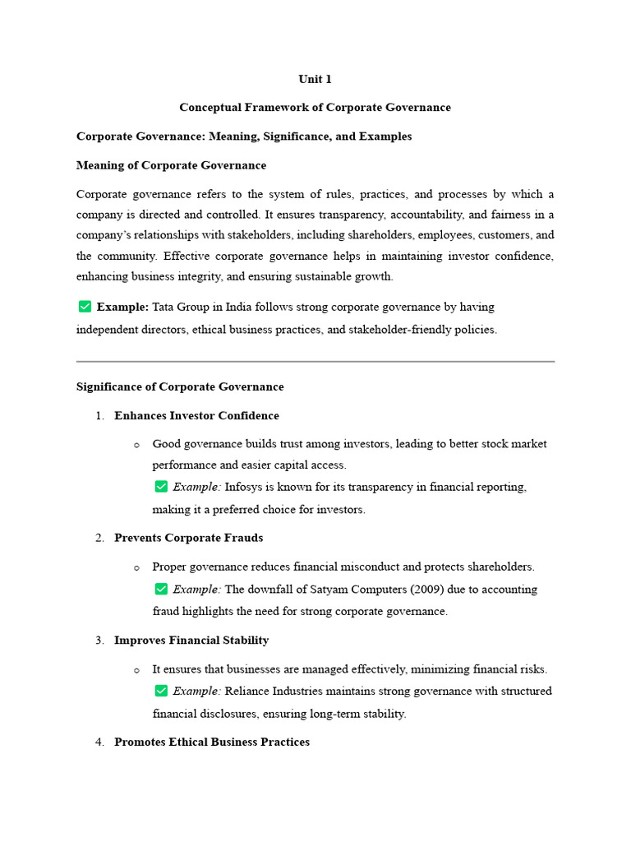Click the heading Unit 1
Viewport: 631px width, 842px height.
click(315, 79)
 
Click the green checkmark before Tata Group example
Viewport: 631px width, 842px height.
click(85, 307)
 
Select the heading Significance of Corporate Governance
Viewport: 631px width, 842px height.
click(180, 386)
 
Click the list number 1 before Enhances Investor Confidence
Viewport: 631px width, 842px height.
click(99, 416)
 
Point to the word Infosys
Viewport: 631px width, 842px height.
click(244, 487)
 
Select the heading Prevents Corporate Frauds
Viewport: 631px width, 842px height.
click(188, 538)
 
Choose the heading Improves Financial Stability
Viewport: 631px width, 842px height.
click(191, 640)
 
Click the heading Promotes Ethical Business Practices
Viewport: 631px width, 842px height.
click(212, 742)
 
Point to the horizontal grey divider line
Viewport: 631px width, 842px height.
click(315, 361)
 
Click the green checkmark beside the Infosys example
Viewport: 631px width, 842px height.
click(161, 487)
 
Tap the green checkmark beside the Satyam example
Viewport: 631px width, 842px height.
click(161, 589)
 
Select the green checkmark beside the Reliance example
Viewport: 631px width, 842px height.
click(161, 691)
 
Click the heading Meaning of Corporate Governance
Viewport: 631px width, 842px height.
click(171, 165)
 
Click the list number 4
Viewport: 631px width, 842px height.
click(99, 742)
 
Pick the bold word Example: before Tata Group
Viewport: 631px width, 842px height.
click(122, 307)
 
